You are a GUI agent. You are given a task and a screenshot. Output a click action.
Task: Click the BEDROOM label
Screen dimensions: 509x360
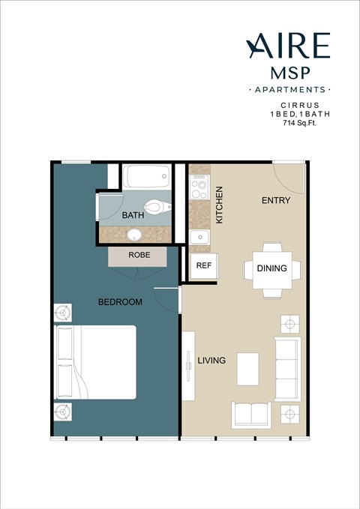click(x=120, y=302)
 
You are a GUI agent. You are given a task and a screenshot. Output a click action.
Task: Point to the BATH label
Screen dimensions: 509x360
click(x=133, y=216)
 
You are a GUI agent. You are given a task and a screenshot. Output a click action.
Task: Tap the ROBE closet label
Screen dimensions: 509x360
click(x=139, y=255)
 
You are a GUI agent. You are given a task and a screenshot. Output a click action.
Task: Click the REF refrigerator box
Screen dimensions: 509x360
click(x=202, y=266)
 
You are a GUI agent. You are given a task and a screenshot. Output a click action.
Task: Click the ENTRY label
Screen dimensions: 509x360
click(x=275, y=201)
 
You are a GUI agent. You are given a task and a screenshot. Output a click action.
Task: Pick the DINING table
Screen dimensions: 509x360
click(x=271, y=268)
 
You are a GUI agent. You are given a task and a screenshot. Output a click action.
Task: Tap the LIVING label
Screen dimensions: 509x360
click(x=211, y=361)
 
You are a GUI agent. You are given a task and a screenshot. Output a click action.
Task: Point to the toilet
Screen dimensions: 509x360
click(x=156, y=205)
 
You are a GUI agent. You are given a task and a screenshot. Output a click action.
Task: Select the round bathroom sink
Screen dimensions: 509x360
click(x=134, y=235)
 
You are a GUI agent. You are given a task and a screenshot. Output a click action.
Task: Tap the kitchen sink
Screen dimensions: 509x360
click(x=199, y=238)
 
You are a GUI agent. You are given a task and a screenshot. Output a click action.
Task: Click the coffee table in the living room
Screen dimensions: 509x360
click(x=247, y=368)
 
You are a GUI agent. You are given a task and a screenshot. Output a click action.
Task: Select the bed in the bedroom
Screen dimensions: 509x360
click(x=95, y=362)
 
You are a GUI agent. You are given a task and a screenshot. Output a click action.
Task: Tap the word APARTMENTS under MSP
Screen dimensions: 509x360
click(x=289, y=90)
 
